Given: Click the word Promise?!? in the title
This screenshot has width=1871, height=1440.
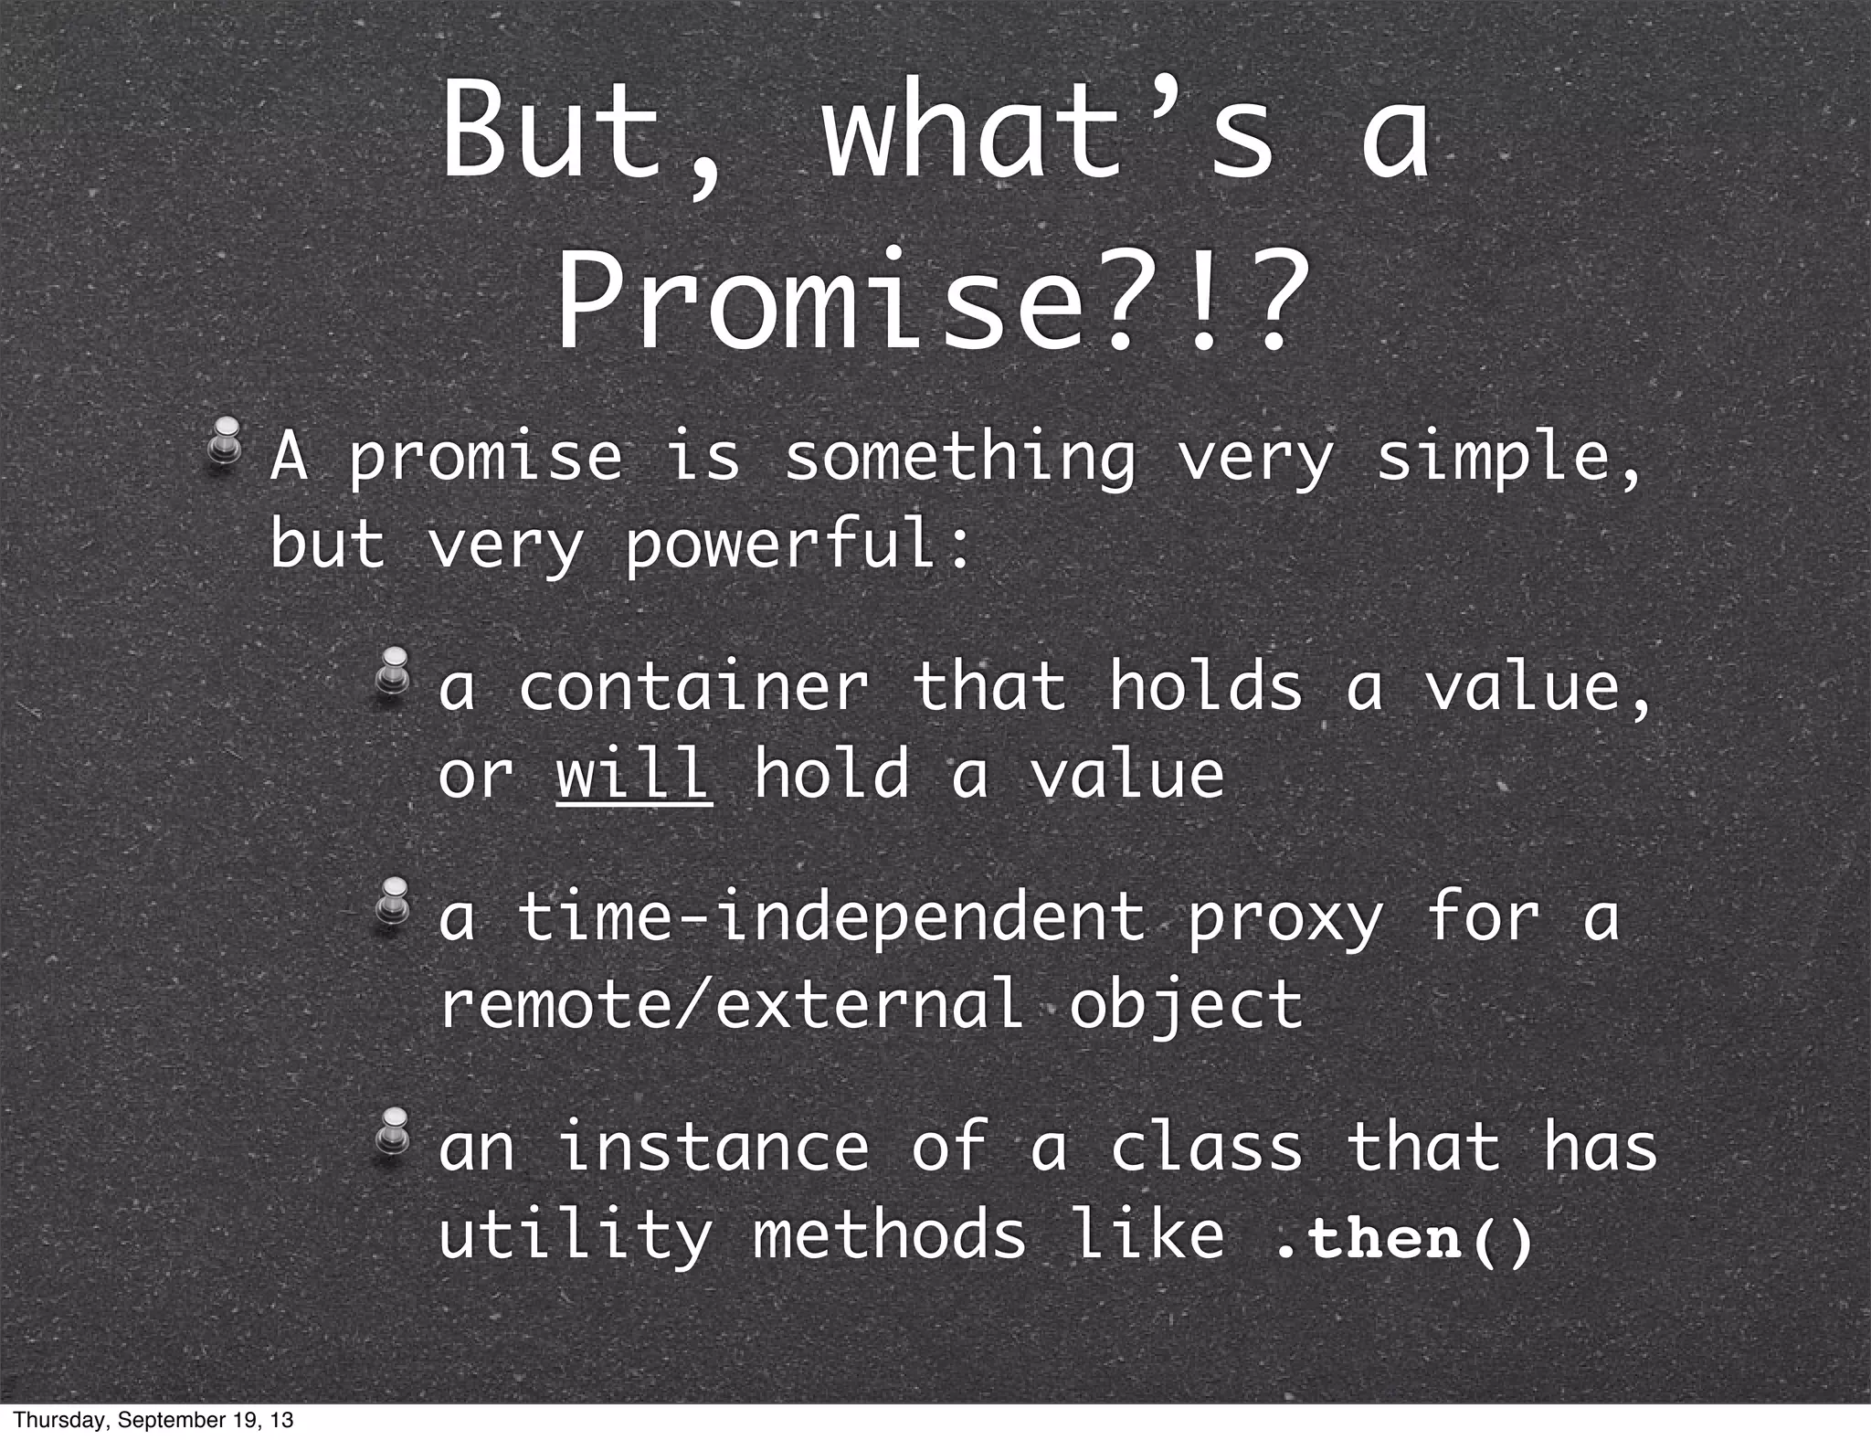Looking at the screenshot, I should tap(927, 299).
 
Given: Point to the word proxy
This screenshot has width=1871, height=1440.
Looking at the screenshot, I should tap(1284, 919).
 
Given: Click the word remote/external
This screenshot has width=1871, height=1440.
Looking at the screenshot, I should tap(731, 1003).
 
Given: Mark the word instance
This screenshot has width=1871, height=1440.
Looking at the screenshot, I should tap(713, 1148).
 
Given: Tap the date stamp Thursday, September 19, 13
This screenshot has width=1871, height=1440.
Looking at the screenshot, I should tap(153, 1420).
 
